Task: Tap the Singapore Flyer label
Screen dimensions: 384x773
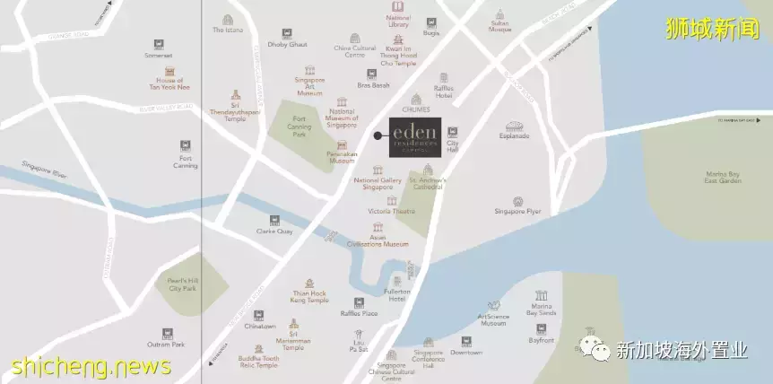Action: click(517, 212)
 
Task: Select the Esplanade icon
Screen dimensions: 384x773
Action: click(515, 127)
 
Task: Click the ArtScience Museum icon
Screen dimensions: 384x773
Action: click(492, 307)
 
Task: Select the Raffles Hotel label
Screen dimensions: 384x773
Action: click(443, 94)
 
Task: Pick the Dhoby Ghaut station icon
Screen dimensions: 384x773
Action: click(286, 33)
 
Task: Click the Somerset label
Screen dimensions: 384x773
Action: click(159, 55)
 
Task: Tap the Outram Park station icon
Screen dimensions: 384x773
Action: click(167, 333)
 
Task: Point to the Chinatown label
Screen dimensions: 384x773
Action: click(260, 326)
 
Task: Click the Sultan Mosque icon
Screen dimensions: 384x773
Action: click(500, 15)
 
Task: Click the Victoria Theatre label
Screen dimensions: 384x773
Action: click(392, 211)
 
